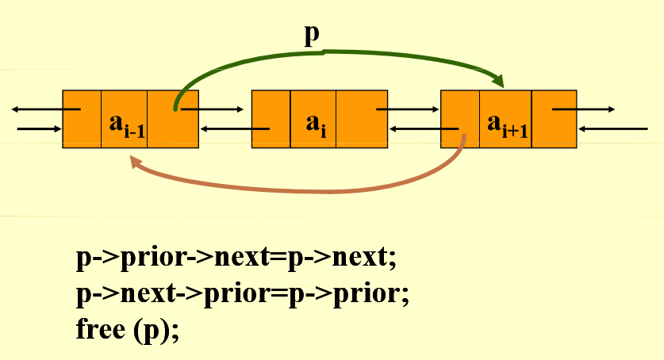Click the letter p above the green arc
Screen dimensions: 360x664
[313, 36]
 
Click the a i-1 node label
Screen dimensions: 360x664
[126, 124]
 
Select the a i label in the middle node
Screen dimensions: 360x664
[315, 124]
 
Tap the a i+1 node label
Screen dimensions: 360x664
[507, 124]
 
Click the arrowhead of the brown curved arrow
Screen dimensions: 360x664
[136, 161]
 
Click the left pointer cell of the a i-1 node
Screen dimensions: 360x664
[82, 119]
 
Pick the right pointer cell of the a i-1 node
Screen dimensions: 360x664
[173, 119]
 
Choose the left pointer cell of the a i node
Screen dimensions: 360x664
[271, 119]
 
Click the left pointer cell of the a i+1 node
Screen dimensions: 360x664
[459, 119]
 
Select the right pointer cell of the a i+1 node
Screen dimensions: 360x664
[553, 119]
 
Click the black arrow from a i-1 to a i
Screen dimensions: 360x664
[213, 109]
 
